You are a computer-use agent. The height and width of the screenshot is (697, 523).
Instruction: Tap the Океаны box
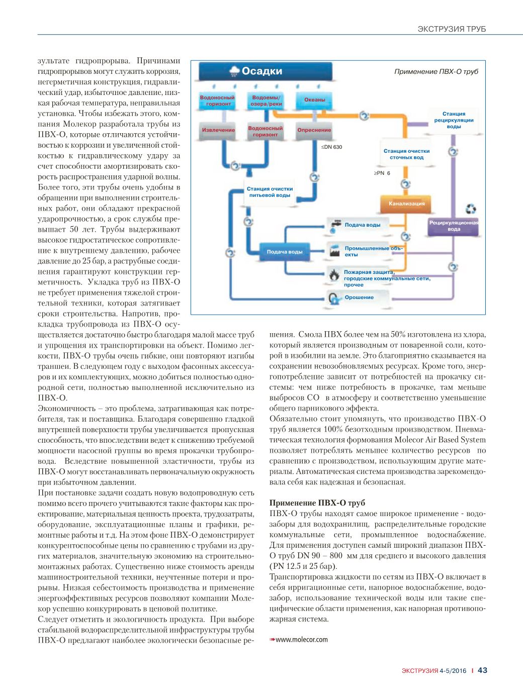[314, 100]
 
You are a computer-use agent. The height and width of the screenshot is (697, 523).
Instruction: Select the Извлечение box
[218, 130]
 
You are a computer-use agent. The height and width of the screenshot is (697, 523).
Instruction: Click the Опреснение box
[314, 130]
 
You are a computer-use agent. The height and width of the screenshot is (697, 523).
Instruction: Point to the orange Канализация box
[406, 204]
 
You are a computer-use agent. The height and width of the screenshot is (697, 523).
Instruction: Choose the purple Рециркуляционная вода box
[454, 226]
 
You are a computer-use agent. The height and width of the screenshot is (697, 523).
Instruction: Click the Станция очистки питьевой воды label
[270, 192]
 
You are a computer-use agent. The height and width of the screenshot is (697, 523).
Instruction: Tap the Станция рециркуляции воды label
[454, 120]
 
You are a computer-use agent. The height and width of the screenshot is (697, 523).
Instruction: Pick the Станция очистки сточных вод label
[406, 154]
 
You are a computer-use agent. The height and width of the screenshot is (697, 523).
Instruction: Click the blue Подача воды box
[285, 252]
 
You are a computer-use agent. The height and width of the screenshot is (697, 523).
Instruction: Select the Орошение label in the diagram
[359, 297]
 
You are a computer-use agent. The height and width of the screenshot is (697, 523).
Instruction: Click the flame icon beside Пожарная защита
[334, 274]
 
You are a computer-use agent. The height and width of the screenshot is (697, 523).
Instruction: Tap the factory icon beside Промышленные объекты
[334, 251]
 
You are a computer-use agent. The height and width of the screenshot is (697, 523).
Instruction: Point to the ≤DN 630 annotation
[331, 147]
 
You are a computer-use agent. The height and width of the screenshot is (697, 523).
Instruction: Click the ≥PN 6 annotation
[382, 173]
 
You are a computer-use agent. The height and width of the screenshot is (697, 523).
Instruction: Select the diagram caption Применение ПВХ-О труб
[436, 72]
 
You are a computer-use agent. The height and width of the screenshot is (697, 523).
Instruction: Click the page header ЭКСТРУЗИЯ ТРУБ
[452, 29]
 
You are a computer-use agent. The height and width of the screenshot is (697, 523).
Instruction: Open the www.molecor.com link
[301, 640]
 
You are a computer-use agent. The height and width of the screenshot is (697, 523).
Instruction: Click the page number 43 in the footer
[482, 670]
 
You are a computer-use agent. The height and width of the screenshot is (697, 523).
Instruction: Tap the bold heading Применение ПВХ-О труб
[317, 503]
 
